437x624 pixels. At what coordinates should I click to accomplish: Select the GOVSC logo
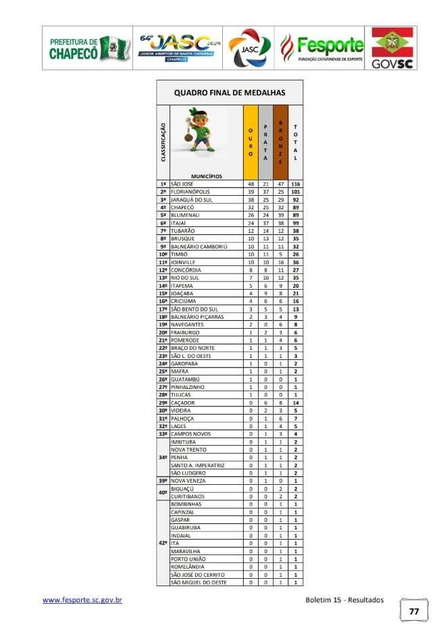[392, 49]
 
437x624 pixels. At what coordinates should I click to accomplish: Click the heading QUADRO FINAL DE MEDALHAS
[230, 93]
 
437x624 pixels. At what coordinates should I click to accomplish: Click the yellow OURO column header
[250, 142]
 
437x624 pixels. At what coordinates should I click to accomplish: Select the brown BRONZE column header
[280, 142]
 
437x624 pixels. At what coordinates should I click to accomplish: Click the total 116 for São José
[295, 184]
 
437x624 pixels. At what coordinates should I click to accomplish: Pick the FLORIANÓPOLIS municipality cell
[192, 192]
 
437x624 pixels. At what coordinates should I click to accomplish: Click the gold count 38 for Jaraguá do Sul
[251, 200]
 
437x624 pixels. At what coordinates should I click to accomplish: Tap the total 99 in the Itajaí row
[295, 224]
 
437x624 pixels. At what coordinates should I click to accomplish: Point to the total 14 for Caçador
[295, 402]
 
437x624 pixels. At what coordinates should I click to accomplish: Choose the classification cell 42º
[162, 542]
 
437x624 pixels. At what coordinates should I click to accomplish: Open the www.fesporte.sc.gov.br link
[82, 600]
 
